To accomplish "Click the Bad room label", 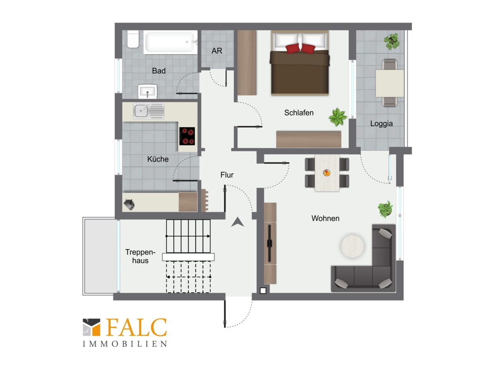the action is pyautogui.click(x=159, y=71).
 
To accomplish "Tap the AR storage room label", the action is pyautogui.click(x=217, y=51).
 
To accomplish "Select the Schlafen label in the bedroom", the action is pyautogui.click(x=299, y=112).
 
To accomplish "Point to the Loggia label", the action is pyautogui.click(x=381, y=124).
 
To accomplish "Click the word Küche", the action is pyautogui.click(x=158, y=159).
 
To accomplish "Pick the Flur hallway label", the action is pyautogui.click(x=227, y=174).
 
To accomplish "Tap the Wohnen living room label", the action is pyautogui.click(x=325, y=218).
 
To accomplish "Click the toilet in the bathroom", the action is pyautogui.click(x=133, y=40).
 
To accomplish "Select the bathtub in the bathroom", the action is pyautogui.click(x=170, y=42).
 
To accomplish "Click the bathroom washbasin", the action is pyautogui.click(x=147, y=91).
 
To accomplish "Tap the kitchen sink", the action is pyautogui.click(x=148, y=111).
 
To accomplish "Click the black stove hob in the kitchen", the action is pyautogui.click(x=187, y=136).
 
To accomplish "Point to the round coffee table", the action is pyautogui.click(x=352, y=246).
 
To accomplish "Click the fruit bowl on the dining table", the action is pyautogui.click(x=327, y=173).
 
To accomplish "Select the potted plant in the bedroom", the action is pyautogui.click(x=338, y=117).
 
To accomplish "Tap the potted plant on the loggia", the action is pyautogui.click(x=392, y=42).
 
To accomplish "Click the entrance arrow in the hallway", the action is pyautogui.click(x=237, y=222).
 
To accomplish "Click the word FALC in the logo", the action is pyautogui.click(x=136, y=327).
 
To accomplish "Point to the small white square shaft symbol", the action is pyautogui.click(x=263, y=291).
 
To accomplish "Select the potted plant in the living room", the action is pyautogui.click(x=385, y=209).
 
